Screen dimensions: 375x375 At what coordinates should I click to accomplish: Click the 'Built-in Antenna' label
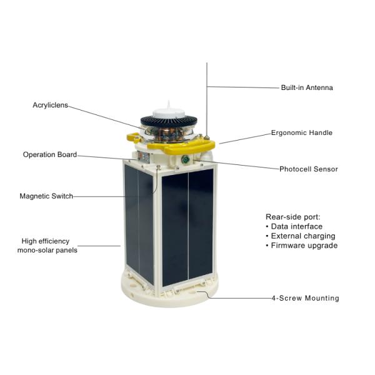point(307,87)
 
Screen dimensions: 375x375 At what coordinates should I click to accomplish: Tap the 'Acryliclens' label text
point(50,105)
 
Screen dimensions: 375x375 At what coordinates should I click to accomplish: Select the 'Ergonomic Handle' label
point(302,132)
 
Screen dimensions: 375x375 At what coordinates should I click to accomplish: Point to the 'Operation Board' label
point(50,154)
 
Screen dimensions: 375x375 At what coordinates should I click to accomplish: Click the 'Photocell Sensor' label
point(309,169)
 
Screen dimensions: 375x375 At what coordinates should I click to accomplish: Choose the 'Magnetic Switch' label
point(46,196)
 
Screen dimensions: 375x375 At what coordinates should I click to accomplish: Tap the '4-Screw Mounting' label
point(306,298)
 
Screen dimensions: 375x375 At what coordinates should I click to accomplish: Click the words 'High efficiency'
point(46,241)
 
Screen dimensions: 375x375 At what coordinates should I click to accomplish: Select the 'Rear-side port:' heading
point(292,217)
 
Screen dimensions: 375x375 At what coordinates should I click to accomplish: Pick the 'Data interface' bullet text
point(296,226)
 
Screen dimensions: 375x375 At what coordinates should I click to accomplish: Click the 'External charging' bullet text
point(303,236)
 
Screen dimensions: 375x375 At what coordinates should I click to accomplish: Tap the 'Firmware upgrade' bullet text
point(304,246)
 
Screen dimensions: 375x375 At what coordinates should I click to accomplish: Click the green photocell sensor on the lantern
point(185,159)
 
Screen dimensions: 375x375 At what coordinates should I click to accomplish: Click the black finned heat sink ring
point(169,122)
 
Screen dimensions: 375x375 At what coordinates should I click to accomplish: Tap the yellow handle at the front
point(181,146)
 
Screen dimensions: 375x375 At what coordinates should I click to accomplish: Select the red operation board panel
point(144,157)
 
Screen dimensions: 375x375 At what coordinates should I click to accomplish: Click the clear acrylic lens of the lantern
point(169,133)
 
